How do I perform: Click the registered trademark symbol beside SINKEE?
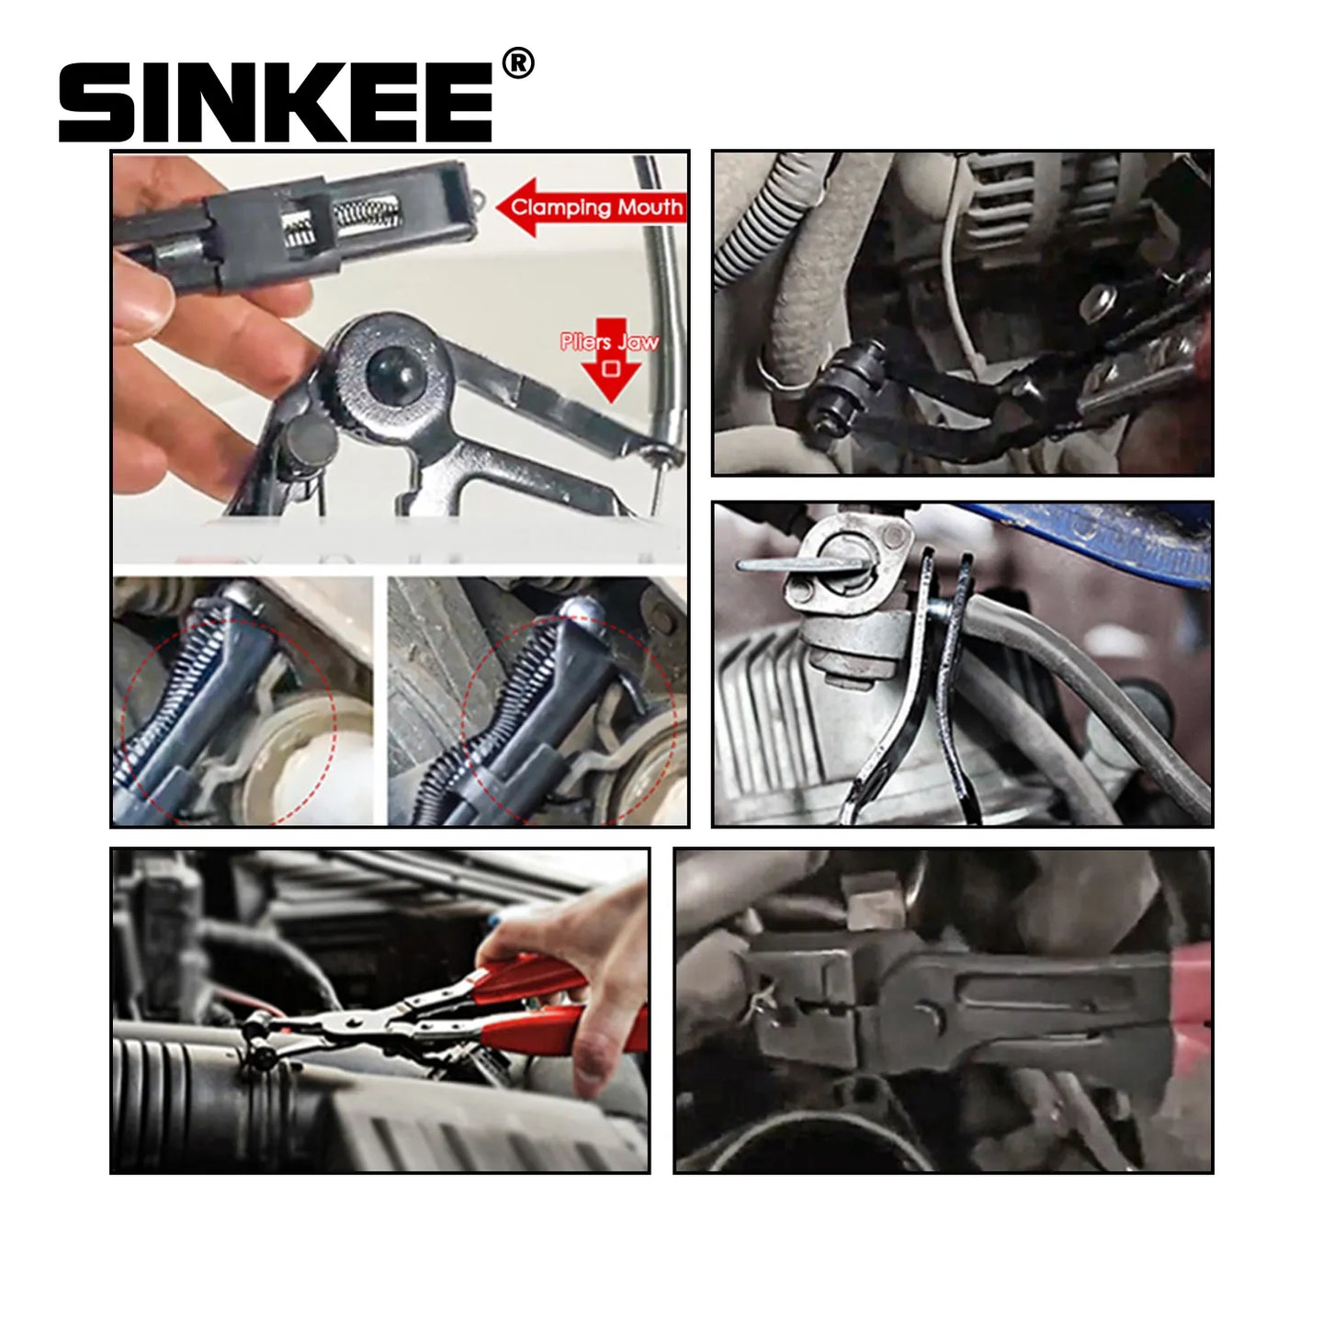click(x=518, y=63)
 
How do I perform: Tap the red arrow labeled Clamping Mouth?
click(x=591, y=208)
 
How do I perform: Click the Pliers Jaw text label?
click(x=609, y=341)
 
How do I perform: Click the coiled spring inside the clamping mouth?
click(x=367, y=209)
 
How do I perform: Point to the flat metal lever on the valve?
click(x=800, y=565)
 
